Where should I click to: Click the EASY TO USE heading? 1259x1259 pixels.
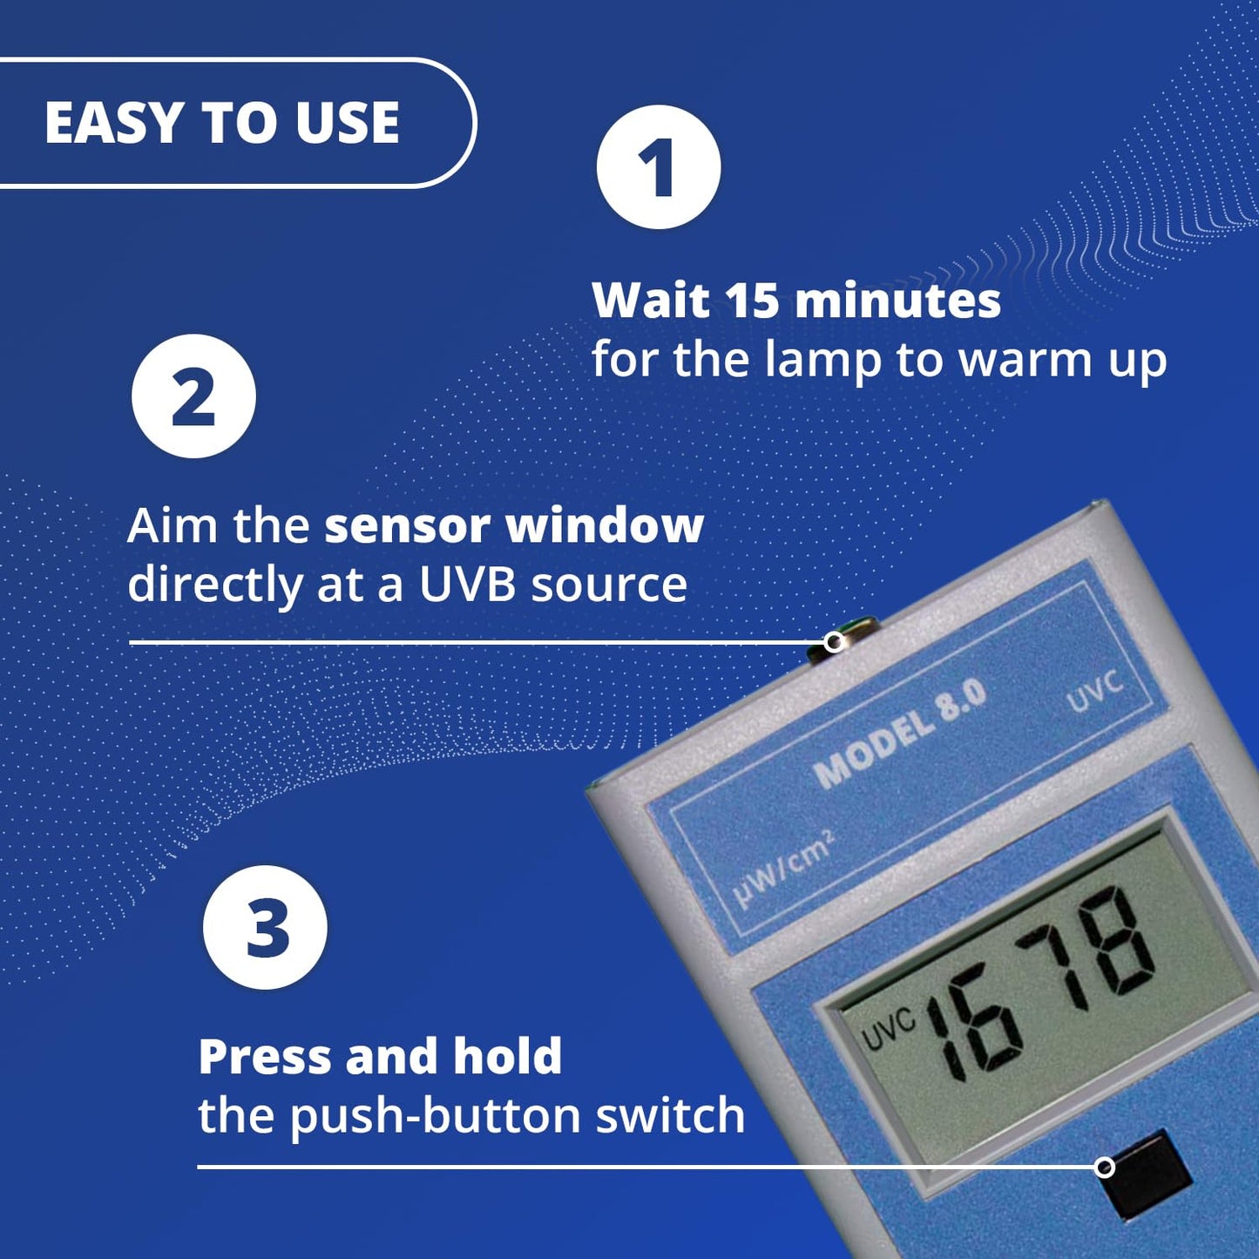click(222, 122)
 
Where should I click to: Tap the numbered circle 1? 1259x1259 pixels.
click(659, 167)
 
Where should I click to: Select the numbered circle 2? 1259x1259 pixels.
click(193, 396)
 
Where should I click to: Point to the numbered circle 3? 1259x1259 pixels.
click(266, 927)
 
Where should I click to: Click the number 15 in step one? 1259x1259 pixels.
click(752, 301)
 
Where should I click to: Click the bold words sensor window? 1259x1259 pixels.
click(514, 525)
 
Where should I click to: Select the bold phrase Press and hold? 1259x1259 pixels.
click(380, 1057)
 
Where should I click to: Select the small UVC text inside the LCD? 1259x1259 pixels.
click(888, 1030)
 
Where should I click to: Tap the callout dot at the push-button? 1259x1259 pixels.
click(1105, 1167)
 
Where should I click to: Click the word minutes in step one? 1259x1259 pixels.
click(897, 301)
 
